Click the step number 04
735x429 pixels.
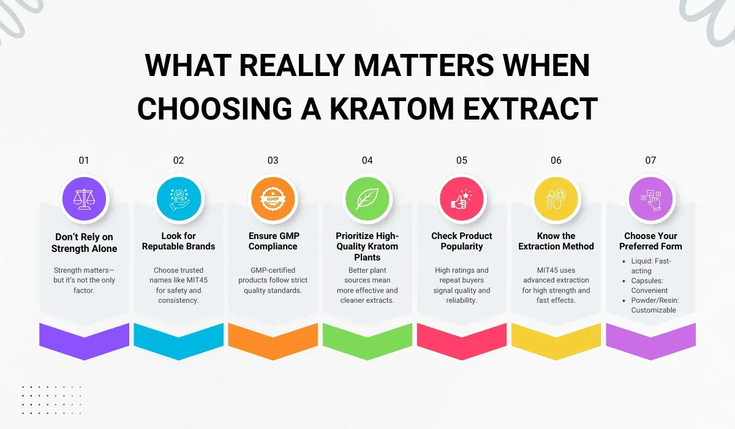coord(367,161)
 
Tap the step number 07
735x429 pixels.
coord(650,161)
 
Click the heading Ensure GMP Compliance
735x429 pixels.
coord(273,241)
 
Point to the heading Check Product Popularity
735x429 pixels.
coord(461,241)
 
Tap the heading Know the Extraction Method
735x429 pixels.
coord(556,241)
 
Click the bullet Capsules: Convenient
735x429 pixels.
coord(649,286)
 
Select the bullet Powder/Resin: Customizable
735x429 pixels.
coord(653,305)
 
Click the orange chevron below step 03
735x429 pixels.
coord(273,341)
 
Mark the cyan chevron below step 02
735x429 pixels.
coord(178,341)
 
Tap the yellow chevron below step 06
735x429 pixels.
coord(556,341)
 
